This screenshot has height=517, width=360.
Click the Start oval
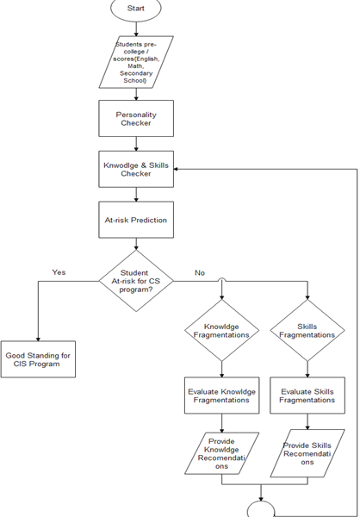pyautogui.click(x=136, y=9)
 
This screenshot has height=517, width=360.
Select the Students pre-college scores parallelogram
pyautogui.click(x=136, y=62)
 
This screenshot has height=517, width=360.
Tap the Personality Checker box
pyautogui.click(x=136, y=118)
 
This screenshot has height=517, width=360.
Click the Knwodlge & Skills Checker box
pyautogui.click(x=136, y=169)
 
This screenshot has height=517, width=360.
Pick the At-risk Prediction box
pyautogui.click(x=136, y=220)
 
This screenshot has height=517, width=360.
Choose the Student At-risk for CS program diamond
pyautogui.click(x=136, y=281)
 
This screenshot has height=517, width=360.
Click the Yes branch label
pyautogui.click(x=59, y=272)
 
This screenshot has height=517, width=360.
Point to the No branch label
pyautogui.click(x=200, y=272)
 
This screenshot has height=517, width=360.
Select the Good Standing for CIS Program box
pyautogui.click(x=38, y=359)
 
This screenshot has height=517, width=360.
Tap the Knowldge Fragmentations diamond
pyautogui.click(x=221, y=330)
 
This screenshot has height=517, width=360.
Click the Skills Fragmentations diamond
pyautogui.click(x=307, y=330)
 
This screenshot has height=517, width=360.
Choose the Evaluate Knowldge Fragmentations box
pyautogui.click(x=221, y=396)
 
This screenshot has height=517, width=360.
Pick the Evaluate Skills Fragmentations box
pyautogui.click(x=307, y=396)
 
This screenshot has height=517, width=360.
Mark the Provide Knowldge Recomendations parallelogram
pyautogui.click(x=221, y=454)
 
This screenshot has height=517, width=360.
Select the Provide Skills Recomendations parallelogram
pyautogui.click(x=307, y=453)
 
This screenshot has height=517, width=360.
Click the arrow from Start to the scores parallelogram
pyautogui.click(x=136, y=28)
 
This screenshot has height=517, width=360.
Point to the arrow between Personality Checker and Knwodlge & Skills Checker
pyautogui.click(x=136, y=144)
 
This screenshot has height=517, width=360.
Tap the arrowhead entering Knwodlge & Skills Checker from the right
pyautogui.click(x=176, y=169)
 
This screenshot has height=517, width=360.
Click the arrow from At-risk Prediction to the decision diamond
pyautogui.click(x=136, y=244)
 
